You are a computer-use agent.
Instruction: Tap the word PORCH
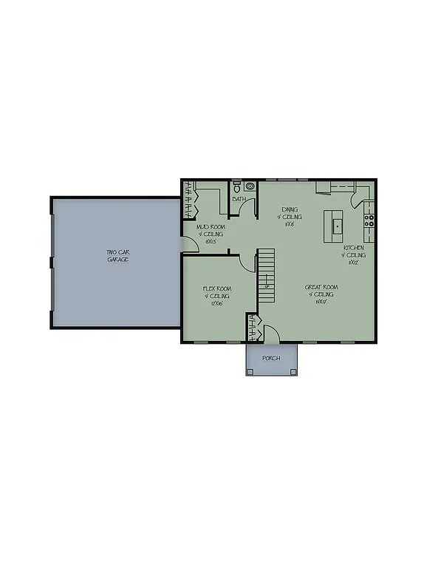272,358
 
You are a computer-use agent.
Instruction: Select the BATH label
239,199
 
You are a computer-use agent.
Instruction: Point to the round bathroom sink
250,187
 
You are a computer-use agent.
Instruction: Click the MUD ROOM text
211,228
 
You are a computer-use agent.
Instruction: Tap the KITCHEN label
352,248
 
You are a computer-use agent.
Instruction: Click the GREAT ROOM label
321,287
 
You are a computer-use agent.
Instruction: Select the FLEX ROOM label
218,288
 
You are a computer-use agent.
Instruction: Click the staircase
266,275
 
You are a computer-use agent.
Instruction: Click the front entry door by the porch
270,335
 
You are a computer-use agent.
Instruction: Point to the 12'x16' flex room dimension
217,304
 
